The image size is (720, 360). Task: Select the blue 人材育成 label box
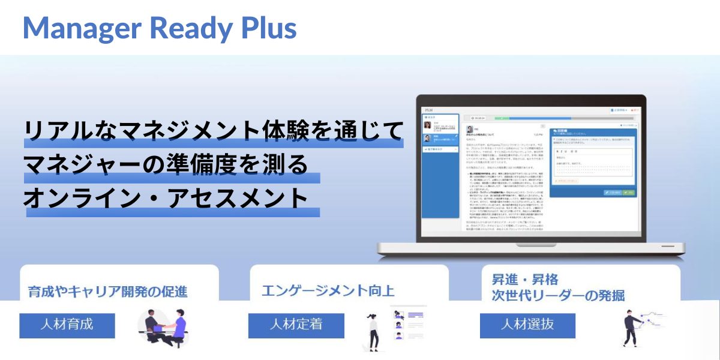click(x=67, y=325)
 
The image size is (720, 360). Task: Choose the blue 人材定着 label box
click(x=296, y=325)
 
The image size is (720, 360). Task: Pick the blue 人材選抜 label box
click(x=527, y=325)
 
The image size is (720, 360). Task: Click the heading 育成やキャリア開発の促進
click(x=108, y=292)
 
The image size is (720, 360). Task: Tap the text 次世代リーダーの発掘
click(x=558, y=295)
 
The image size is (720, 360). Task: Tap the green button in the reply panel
click(x=628, y=193)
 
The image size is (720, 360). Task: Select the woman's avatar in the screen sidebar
click(x=427, y=125)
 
